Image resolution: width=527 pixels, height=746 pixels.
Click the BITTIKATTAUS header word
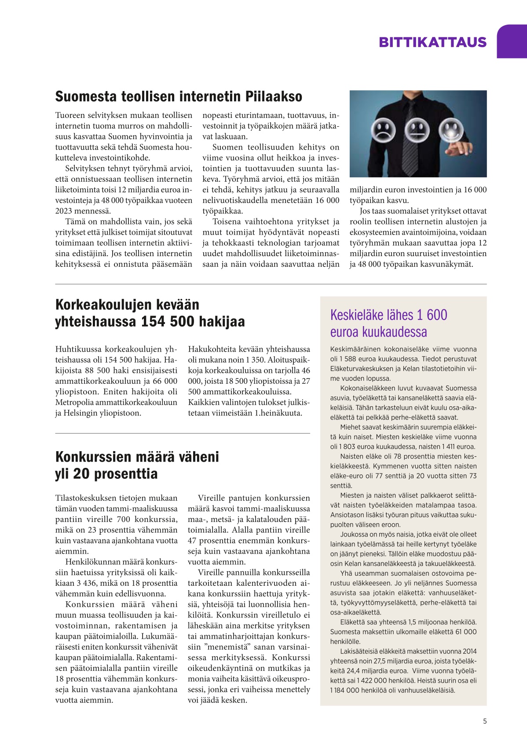[x=432, y=42]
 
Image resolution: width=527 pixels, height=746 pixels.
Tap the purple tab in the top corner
[x=512, y=41]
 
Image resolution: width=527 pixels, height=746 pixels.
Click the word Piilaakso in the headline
[x=274, y=96]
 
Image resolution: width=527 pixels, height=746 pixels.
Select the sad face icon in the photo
[x=383, y=130]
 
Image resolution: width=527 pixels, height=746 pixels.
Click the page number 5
[x=485, y=721]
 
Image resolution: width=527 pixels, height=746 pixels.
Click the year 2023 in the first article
[x=64, y=211]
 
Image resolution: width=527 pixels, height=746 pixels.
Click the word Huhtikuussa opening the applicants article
[x=78, y=349]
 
